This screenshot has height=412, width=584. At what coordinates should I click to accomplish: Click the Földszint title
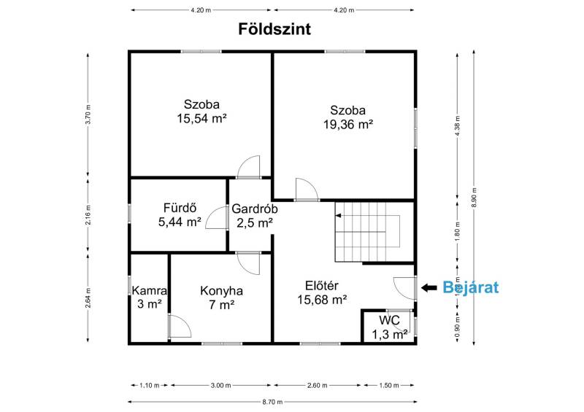point(274,29)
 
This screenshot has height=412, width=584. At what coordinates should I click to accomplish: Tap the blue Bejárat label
point(470,287)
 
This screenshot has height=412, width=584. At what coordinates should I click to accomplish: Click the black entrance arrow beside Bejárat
point(429,287)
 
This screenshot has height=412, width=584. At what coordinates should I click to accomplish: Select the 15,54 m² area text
point(202,118)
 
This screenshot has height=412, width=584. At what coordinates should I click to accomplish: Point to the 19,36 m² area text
point(348,124)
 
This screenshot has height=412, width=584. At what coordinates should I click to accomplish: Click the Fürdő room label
point(180,208)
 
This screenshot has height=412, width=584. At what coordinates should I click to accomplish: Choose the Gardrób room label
point(255,209)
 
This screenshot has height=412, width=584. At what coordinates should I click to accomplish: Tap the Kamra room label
point(150,290)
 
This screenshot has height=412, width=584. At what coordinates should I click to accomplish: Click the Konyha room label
point(222,291)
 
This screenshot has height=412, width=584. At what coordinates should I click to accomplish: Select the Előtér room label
point(322,285)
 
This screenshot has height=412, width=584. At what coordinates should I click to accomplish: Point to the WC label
point(389,320)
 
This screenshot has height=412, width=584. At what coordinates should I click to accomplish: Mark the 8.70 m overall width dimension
point(272,402)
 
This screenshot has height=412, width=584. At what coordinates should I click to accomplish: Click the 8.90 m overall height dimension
point(474,198)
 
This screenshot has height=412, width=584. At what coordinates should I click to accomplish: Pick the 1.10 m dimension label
point(150,386)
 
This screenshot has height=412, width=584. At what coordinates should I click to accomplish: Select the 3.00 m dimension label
point(221,386)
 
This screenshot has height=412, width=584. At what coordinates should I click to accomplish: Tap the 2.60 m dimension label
point(318,386)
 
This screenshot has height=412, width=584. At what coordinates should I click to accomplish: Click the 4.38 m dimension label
point(458,126)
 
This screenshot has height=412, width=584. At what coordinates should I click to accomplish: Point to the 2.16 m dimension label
point(88,215)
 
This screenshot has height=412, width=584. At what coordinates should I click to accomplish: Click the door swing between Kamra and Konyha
point(180,326)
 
